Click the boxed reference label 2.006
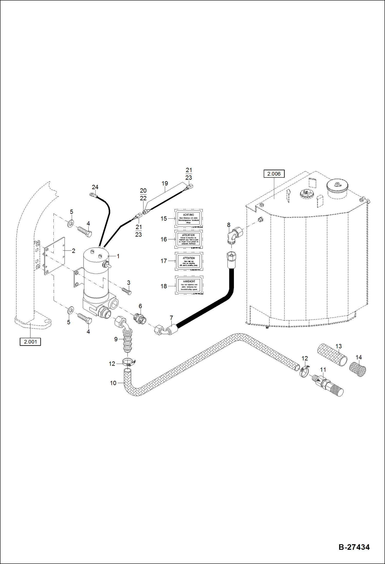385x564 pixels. tap(274, 174)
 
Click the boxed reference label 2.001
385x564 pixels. tap(30, 342)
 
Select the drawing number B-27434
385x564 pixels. tap(354, 547)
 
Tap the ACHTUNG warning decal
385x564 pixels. tap(188, 218)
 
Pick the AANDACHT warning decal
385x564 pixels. tap(189, 285)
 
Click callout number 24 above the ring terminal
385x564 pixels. tap(95, 187)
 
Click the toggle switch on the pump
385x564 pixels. tap(106, 265)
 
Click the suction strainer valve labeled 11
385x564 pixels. tap(328, 387)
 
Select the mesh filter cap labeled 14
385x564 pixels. tap(358, 369)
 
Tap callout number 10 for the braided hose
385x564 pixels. tap(113, 383)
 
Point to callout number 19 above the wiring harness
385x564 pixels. tap(165, 183)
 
